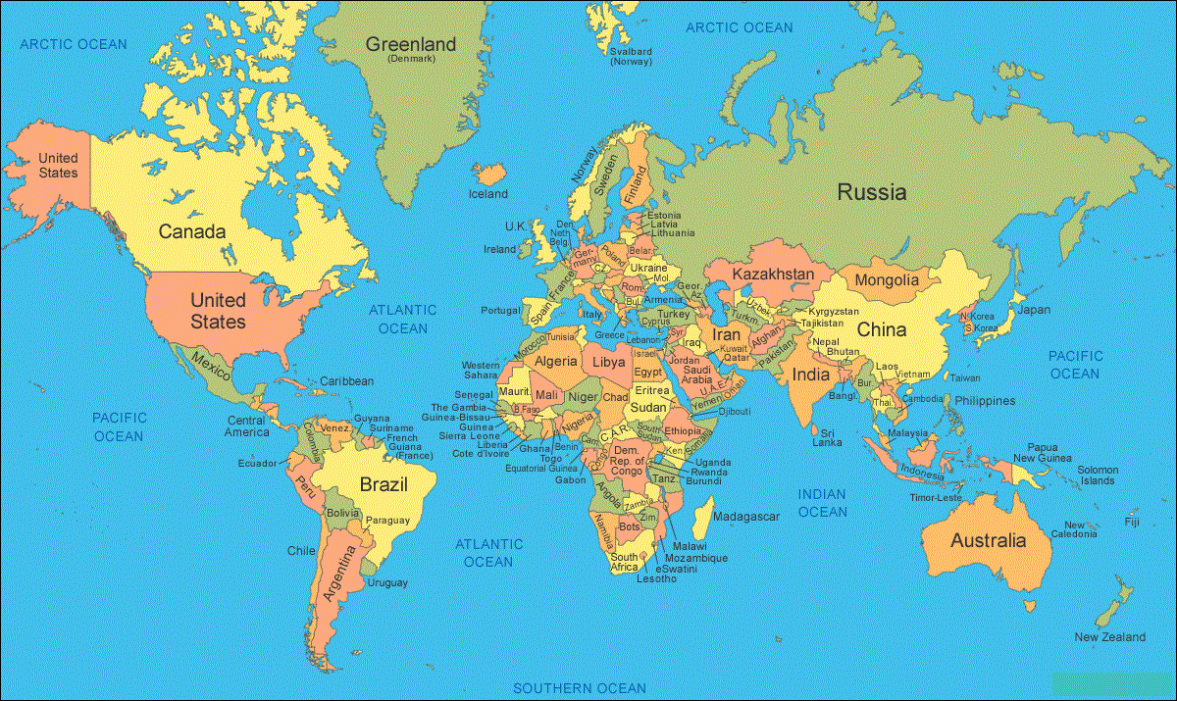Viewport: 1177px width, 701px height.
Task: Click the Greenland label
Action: [411, 45]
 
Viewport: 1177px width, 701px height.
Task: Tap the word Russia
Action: [871, 192]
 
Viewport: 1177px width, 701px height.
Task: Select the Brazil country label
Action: [384, 484]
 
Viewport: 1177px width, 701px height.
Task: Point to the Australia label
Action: [988, 540]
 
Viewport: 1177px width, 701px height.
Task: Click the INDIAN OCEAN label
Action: [822, 503]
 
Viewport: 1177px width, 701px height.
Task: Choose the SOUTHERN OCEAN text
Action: [580, 688]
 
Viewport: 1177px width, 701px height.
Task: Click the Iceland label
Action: [487, 194]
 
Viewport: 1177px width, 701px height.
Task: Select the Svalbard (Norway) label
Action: [631, 56]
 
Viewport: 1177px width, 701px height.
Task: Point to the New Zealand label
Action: [1109, 637]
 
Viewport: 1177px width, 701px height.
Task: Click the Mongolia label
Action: [887, 280]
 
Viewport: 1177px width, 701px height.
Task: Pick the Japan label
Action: [1033, 310]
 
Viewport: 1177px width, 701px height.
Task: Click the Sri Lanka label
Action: [827, 437]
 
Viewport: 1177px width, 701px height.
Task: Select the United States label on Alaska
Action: [58, 166]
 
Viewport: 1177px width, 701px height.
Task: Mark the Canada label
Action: [192, 232]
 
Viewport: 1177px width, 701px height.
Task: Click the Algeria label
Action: [555, 362]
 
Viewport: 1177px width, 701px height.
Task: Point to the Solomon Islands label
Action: [1098, 475]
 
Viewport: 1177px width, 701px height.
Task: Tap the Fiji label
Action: [1132, 523]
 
